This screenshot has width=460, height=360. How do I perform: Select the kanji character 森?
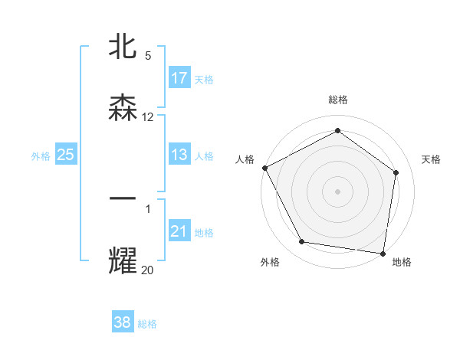point(123,108)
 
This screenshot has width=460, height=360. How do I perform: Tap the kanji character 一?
point(123,199)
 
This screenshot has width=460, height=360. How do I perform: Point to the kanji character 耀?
point(123,260)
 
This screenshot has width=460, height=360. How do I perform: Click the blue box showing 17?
point(179,78)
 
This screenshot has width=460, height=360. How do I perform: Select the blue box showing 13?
point(179,155)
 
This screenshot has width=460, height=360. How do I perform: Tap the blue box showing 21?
point(179,231)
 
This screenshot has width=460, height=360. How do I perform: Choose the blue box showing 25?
point(66,155)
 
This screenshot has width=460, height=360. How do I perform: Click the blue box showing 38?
point(123,322)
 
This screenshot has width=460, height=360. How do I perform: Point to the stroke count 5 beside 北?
point(148,56)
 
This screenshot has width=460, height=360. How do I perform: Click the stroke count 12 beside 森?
point(148,117)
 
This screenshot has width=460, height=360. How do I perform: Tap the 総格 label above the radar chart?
point(338,100)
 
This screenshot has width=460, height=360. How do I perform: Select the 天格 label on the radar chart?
point(432,159)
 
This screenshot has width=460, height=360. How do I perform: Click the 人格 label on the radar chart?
point(245,159)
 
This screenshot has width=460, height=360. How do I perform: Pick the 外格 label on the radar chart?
point(270,262)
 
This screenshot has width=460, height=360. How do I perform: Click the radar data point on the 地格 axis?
point(383,253)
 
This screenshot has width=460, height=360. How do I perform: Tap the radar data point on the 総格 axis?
point(337,131)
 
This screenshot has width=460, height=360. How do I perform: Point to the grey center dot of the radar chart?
point(337,191)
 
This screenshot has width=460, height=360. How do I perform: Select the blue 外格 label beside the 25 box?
point(41,155)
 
